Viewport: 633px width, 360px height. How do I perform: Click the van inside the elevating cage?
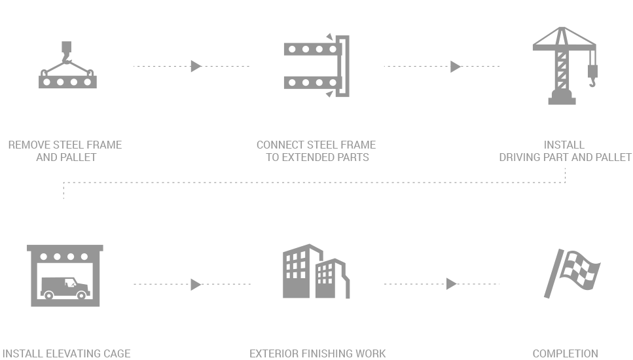click(64, 286)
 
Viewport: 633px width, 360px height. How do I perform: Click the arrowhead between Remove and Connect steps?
click(196, 66)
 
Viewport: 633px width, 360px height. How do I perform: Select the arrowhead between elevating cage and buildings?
click(196, 284)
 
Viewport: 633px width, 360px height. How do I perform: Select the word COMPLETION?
click(565, 353)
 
